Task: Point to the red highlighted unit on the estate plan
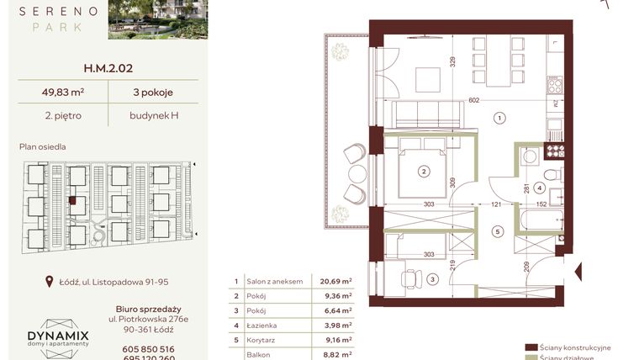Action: [73, 200]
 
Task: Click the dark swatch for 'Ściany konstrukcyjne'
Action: [531, 347]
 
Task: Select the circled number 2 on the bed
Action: [424, 172]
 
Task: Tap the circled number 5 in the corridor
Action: [498, 232]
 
